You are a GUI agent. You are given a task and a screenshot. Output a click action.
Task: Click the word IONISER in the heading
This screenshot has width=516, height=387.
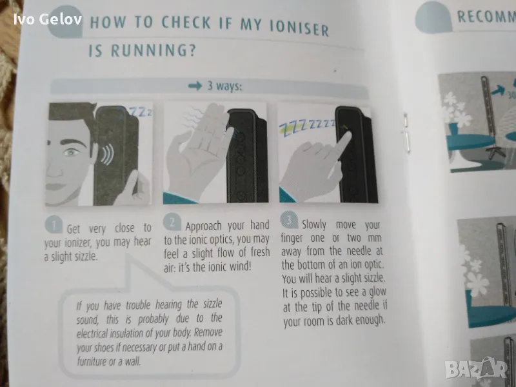[x=299, y=28]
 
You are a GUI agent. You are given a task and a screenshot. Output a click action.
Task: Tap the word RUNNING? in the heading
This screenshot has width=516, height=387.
[x=153, y=50]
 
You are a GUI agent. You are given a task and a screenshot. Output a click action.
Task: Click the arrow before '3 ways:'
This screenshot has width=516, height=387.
[x=195, y=86]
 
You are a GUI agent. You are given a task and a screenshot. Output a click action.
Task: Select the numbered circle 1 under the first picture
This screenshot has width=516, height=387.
[x=54, y=224]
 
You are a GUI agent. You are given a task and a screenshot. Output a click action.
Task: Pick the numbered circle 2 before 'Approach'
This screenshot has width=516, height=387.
[x=172, y=223]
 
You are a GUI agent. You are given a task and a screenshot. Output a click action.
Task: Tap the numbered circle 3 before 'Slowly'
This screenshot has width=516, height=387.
[x=289, y=219]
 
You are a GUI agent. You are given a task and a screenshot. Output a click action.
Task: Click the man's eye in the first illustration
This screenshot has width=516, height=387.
[x=73, y=152]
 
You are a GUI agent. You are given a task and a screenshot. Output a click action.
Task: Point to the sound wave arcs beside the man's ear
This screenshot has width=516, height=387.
[x=107, y=154]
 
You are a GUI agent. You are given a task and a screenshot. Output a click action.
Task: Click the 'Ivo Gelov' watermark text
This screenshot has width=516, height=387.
[x=48, y=19]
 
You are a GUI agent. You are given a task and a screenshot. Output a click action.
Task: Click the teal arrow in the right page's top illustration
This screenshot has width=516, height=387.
[x=497, y=89]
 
